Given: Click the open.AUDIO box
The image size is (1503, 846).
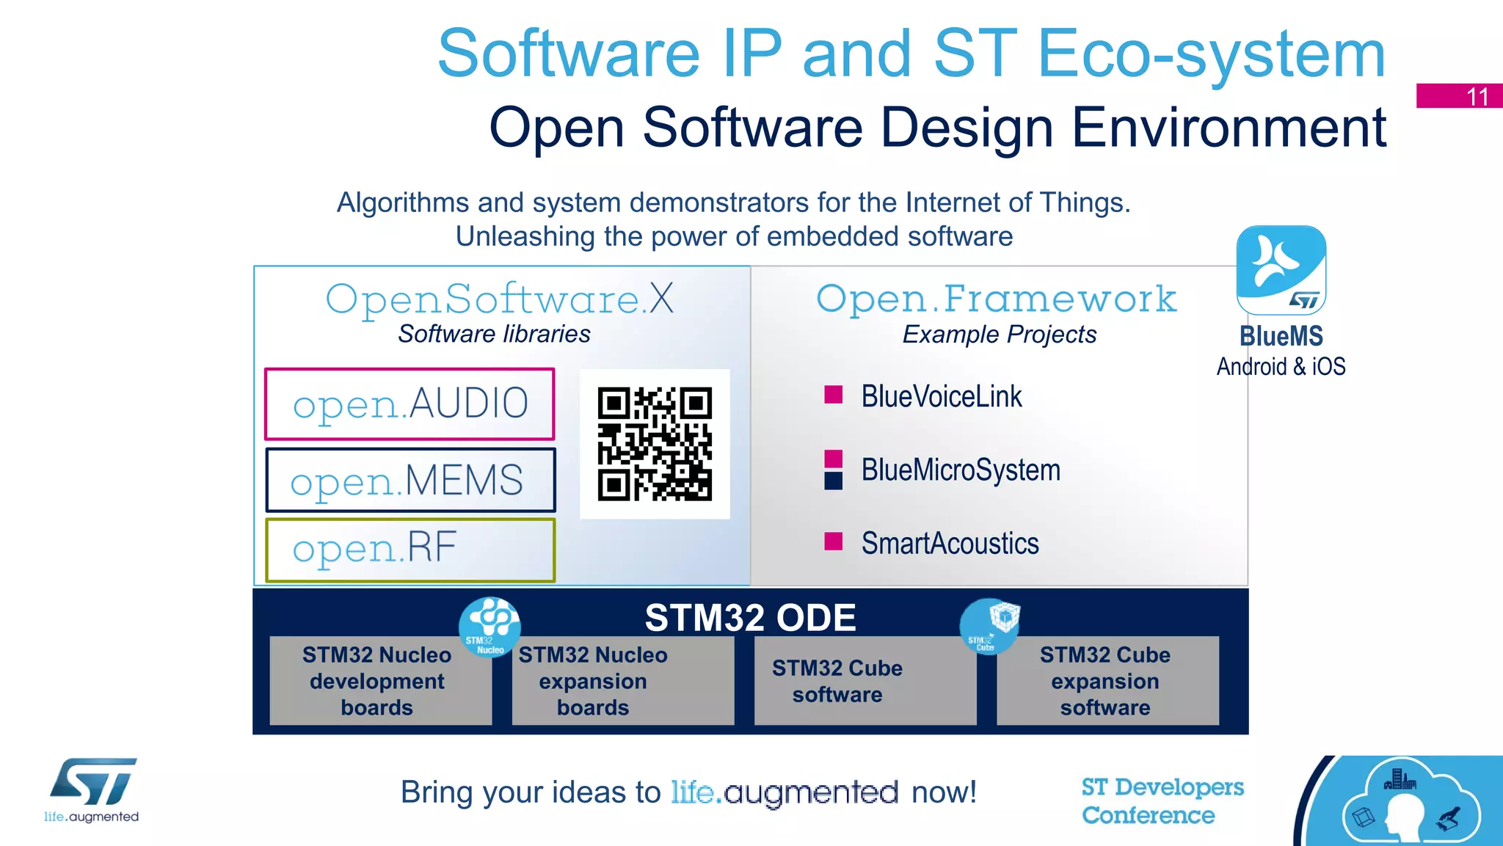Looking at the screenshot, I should [410, 404].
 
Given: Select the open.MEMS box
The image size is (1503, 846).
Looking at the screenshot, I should [410, 480].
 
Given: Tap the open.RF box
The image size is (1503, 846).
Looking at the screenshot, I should [410, 550].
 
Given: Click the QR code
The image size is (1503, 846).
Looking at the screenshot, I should [655, 444].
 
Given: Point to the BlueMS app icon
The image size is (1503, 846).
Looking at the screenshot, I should [1281, 271].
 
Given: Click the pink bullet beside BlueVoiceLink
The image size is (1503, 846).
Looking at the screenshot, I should [833, 395].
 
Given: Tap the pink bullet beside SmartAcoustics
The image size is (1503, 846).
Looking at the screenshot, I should [833, 541].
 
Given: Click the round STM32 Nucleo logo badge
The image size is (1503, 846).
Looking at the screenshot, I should [490, 627].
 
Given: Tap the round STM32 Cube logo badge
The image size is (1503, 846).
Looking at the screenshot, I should [989, 626].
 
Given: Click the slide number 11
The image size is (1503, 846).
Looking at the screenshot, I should [1477, 96].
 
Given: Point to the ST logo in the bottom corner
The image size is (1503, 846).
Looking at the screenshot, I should [92, 782].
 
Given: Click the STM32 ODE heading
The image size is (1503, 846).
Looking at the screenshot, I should [750, 618].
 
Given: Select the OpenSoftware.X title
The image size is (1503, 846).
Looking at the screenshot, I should [500, 299].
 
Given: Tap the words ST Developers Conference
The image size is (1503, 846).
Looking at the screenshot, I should [1162, 801].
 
